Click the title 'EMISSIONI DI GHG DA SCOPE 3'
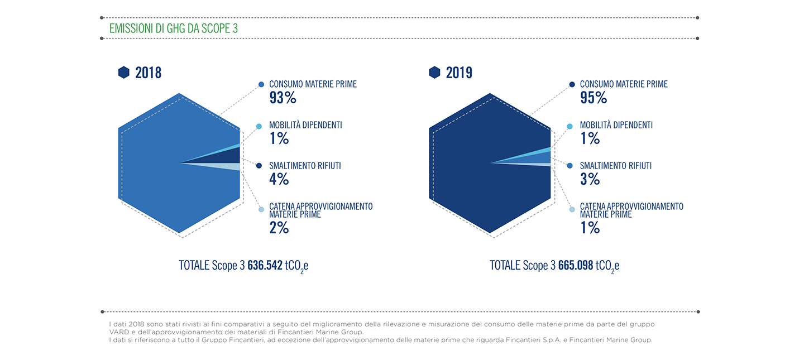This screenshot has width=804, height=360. tap(173, 28)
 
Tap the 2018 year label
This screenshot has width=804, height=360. tap(149, 73)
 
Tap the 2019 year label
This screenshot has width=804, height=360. tap(459, 73)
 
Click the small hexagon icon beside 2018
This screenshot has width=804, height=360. tap(124, 73)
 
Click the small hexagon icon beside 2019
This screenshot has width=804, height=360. tap(434, 73)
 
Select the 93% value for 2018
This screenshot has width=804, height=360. tap(283, 98)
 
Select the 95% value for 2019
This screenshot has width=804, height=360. tap(594, 98)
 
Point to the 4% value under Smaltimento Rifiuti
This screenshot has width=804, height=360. tap(279, 179)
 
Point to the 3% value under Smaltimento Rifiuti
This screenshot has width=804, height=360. tap(590, 179)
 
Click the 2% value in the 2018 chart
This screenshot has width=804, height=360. tap(279, 228)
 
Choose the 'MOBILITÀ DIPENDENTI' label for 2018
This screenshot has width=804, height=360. tap(305, 125)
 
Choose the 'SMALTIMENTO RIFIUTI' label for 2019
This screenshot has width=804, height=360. tap(615, 166)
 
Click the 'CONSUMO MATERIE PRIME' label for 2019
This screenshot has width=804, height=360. tap(624, 84)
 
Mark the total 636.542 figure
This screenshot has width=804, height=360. tap(265, 265)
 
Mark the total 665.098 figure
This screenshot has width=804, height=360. tap(575, 265)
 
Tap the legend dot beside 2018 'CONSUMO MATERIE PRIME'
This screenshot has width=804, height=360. tap(261, 84)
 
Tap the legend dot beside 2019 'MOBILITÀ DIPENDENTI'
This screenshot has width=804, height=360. tap(569, 126)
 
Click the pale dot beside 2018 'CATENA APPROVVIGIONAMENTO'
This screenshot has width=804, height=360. tap(261, 210)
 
